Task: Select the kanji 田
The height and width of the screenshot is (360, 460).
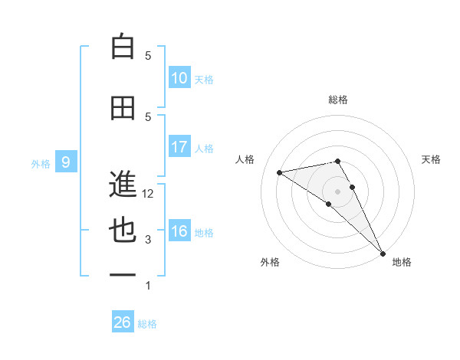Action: pos(123,108)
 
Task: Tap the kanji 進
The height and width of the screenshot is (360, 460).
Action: pos(123,185)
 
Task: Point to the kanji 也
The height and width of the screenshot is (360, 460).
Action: pos(123,231)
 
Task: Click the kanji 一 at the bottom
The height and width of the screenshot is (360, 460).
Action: pos(123,276)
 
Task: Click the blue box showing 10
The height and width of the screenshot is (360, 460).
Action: pos(179,78)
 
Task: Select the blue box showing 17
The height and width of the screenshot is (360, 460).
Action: pos(179,147)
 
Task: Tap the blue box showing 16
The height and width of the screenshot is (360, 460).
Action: pos(179,231)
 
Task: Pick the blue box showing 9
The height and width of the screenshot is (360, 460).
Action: pos(66,162)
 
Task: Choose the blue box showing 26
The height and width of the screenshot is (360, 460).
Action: pos(123,322)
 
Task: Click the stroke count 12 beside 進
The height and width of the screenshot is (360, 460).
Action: pos(149,194)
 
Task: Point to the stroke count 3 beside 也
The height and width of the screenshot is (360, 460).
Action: pos(148,240)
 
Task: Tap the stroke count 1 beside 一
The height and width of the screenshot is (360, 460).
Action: pos(148,286)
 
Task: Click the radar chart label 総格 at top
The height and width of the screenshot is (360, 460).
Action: pos(338,100)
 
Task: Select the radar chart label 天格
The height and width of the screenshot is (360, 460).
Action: pos(431,159)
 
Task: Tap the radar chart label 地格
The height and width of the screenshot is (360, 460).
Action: pos(402,262)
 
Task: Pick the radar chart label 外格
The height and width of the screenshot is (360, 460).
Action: pos(270,262)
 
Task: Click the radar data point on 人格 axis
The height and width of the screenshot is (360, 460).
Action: pos(280,172)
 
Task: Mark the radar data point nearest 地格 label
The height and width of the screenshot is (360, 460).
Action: pos(383,253)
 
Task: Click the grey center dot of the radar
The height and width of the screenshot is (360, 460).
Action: pos(337,190)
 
